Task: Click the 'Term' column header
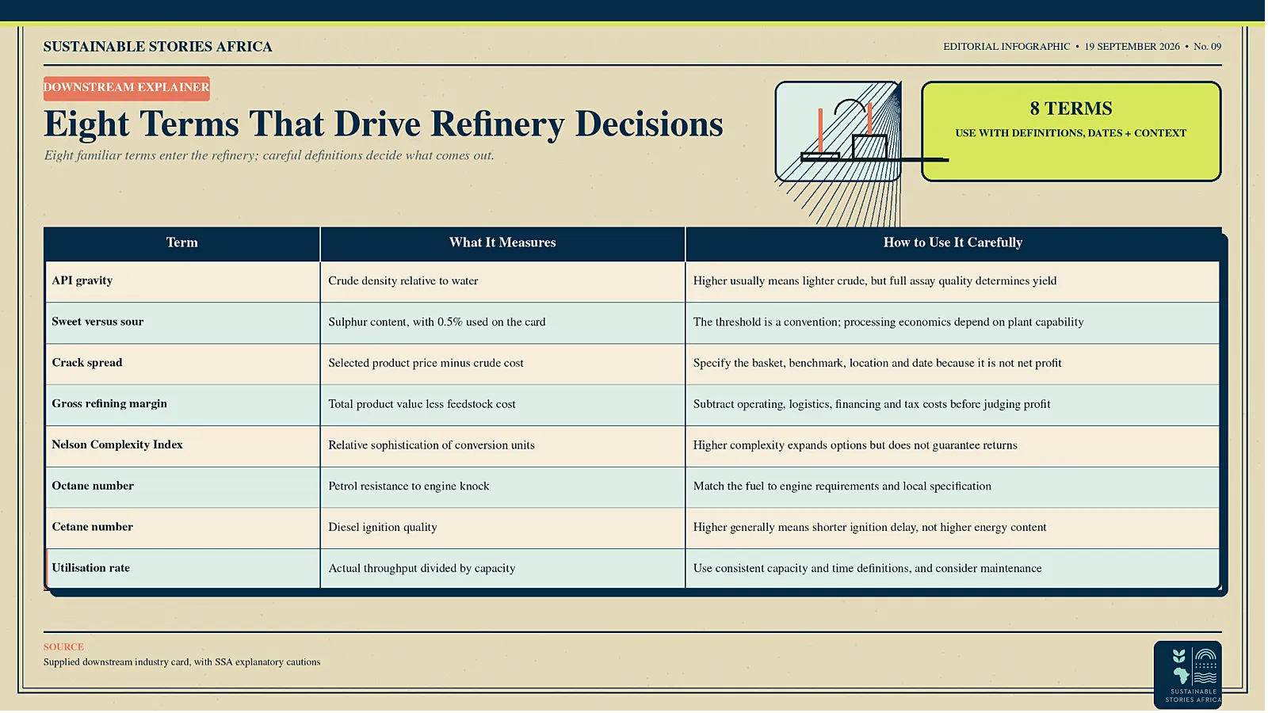tap(181, 242)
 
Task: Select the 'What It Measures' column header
tap(502, 242)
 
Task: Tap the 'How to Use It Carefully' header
tap(953, 242)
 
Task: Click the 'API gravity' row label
tap(82, 280)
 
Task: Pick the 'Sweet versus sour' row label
tap(97, 322)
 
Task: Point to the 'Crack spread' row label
tap(86, 363)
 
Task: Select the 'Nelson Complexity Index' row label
tap(117, 444)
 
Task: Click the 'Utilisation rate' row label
tap(90, 567)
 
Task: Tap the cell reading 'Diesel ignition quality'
tap(383, 528)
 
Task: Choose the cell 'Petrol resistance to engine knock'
tap(409, 486)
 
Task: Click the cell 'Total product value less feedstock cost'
tap(422, 404)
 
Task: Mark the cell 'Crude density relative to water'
tap(403, 280)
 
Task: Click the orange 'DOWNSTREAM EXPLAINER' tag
tap(127, 88)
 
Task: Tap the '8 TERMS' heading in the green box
tap(1071, 109)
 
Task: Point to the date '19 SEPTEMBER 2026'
tap(1132, 47)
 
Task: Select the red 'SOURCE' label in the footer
tap(63, 646)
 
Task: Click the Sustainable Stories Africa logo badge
tap(1188, 674)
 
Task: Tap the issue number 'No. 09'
tap(1208, 47)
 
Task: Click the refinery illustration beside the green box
tap(838, 132)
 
